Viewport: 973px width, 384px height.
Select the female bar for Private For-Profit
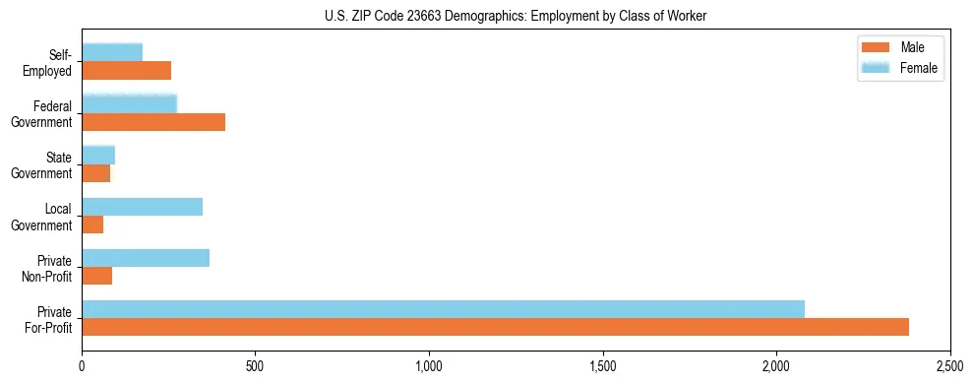coord(443,309)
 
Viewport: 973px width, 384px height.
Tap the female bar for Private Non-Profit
coord(146,258)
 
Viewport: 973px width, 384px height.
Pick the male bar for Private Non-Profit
coord(96,276)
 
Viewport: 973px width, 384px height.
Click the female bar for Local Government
coord(142,207)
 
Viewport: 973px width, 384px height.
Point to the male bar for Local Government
coord(92,224)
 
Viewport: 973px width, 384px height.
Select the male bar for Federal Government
coord(153,122)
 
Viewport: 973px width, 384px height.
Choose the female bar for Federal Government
coord(129,104)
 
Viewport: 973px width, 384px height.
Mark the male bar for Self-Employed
coord(126,71)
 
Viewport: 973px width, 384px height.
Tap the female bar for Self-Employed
coord(112,53)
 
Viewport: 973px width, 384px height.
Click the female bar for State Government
coord(98,156)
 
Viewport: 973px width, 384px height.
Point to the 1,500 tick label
coord(603,366)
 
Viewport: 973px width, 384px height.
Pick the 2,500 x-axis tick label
coord(950,366)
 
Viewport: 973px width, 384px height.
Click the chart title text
coord(516,16)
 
